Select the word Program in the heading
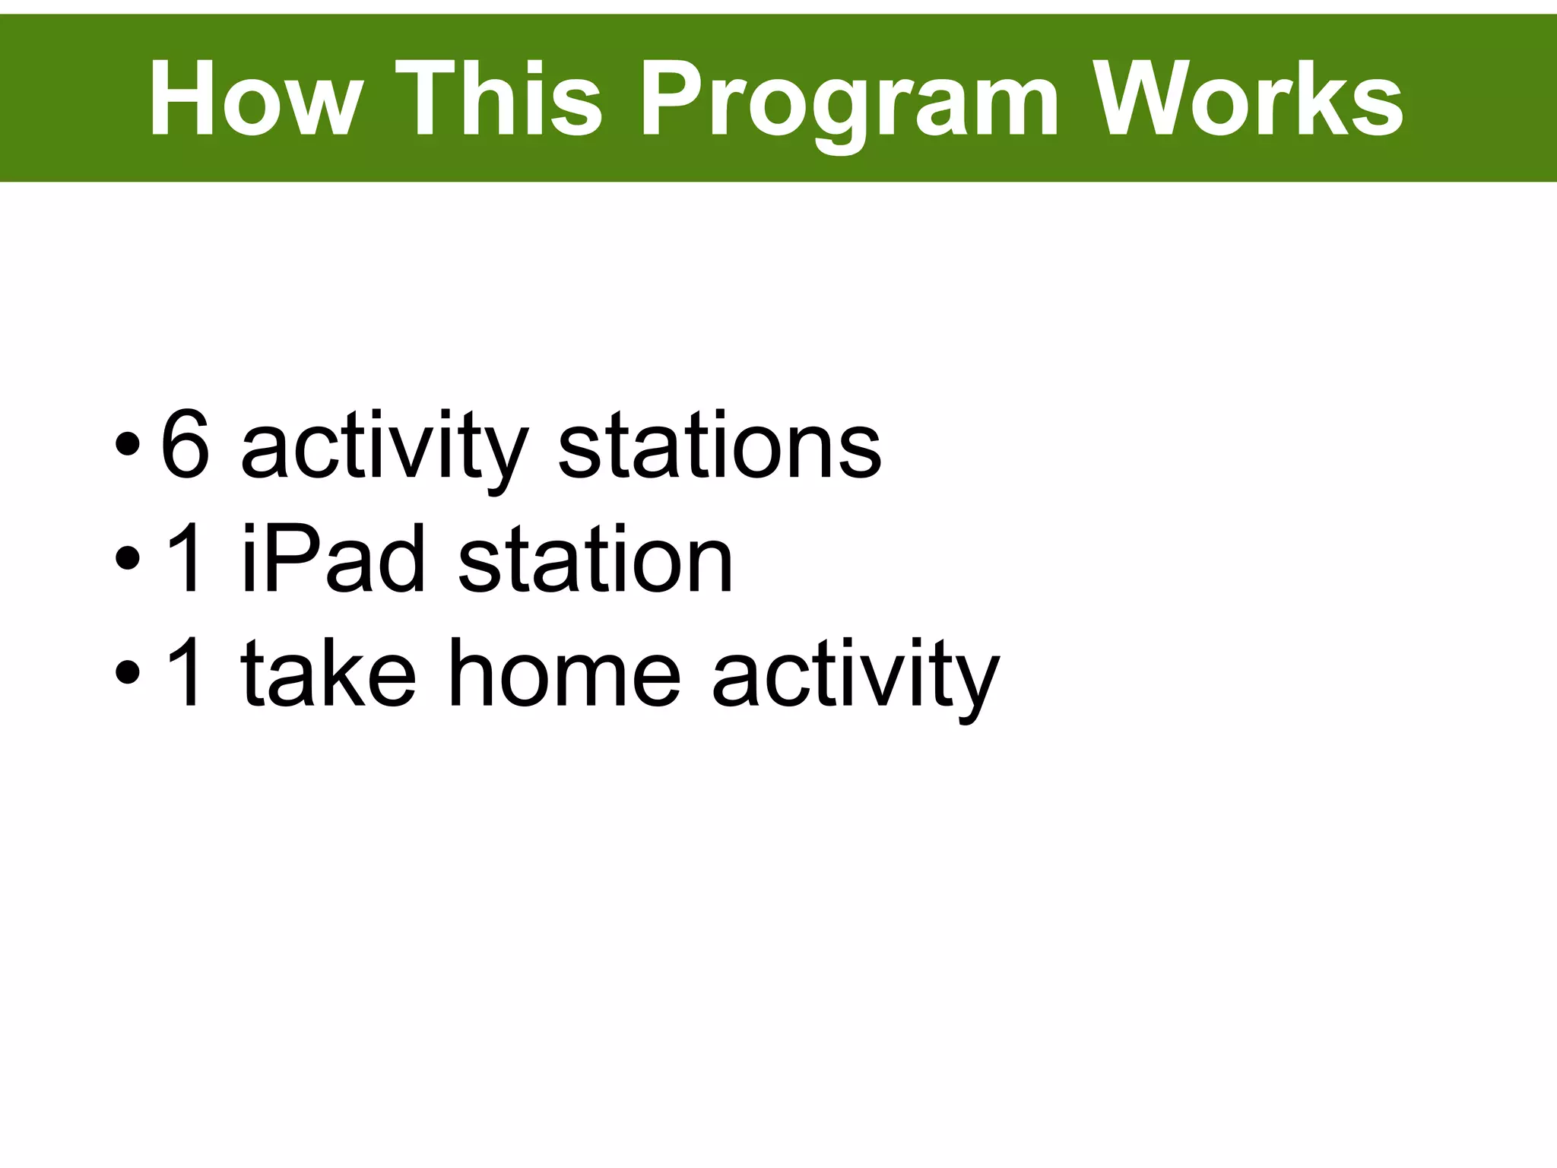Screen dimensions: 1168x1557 point(848,103)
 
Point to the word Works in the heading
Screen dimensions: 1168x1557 point(1247,99)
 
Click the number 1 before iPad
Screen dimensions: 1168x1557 point(185,560)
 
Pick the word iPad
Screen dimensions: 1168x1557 point(333,560)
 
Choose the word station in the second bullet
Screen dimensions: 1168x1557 point(595,560)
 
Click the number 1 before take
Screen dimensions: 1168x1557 point(185,672)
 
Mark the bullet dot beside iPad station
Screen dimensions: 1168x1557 point(127,560)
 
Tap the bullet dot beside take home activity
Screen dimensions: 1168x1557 point(127,672)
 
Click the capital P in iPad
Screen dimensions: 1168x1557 point(293,560)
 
